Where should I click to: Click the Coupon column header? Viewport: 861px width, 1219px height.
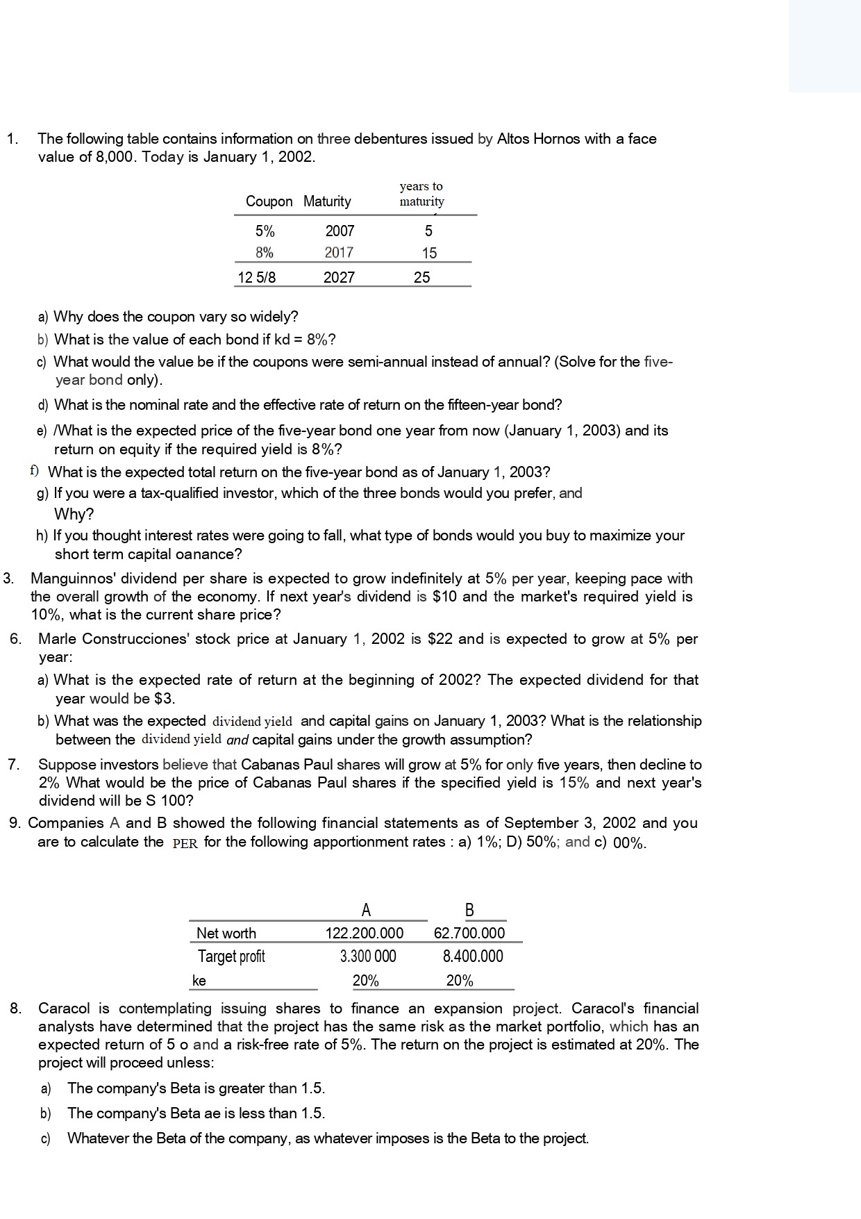click(x=269, y=201)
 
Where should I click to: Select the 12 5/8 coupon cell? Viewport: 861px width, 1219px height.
click(x=256, y=278)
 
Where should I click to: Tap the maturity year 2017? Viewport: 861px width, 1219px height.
click(x=339, y=253)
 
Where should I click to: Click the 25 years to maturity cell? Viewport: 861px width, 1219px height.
click(x=421, y=278)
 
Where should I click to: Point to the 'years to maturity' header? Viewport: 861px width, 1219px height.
click(x=421, y=194)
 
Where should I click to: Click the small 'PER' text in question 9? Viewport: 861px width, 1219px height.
click(x=185, y=843)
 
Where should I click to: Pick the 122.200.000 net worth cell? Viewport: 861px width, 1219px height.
click(x=365, y=933)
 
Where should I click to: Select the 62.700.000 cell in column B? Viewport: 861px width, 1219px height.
click(x=469, y=933)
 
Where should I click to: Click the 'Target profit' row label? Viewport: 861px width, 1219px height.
click(x=231, y=956)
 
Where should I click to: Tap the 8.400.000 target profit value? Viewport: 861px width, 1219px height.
click(x=473, y=956)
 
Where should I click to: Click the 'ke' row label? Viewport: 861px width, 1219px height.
click(x=199, y=981)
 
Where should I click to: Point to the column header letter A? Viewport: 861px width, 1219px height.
click(x=366, y=910)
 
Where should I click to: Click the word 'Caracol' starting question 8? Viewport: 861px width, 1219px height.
click(x=65, y=1009)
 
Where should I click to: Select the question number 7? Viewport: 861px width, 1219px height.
click(x=13, y=765)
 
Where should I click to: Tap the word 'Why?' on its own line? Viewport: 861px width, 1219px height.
click(x=74, y=515)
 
